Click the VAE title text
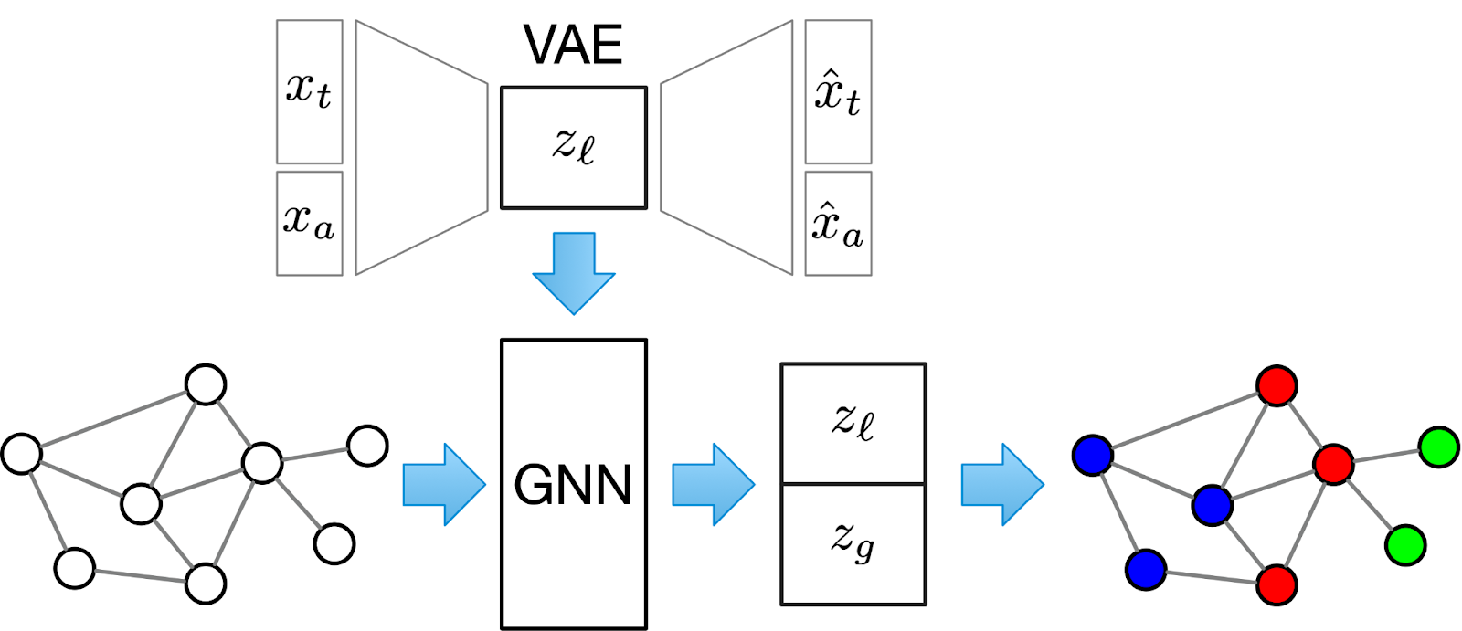[573, 45]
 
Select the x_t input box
[309, 91]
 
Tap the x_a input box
[309, 223]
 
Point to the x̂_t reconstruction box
[838, 91]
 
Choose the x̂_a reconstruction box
[838, 223]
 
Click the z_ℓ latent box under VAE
[573, 147]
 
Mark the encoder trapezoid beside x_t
[421, 147]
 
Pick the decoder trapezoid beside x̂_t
[726, 147]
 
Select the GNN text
[573, 485]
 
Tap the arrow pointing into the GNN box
[444, 485]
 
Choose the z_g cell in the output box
[853, 543]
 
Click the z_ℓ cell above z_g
[853, 423]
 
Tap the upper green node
[1438, 447]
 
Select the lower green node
[1405, 545]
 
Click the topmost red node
[1277, 385]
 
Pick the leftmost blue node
[1093, 455]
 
